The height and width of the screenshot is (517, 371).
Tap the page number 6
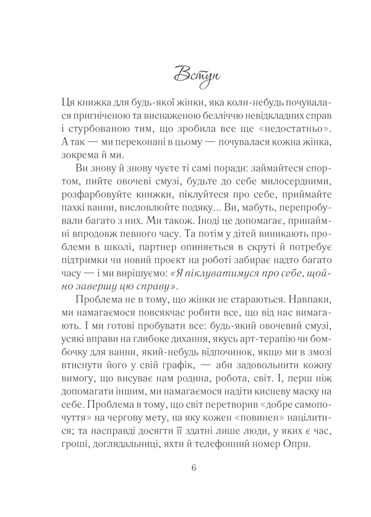tap(194, 467)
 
